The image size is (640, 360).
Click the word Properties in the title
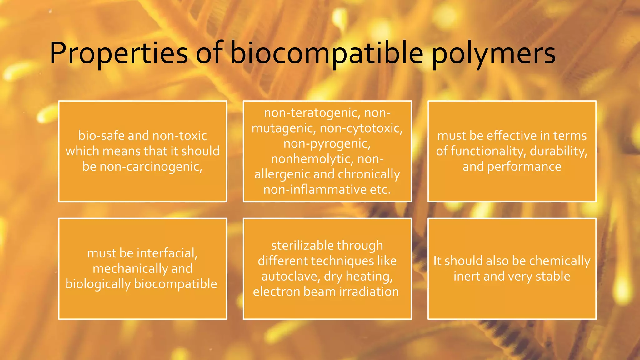click(118, 53)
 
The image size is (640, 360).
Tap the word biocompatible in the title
click(327, 53)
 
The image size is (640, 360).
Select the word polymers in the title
click(494, 53)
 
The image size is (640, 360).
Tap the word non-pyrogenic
click(327, 143)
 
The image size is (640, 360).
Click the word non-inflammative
click(315, 190)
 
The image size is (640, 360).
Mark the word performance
click(524, 167)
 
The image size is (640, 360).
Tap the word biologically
click(98, 284)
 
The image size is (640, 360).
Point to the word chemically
click(560, 261)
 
